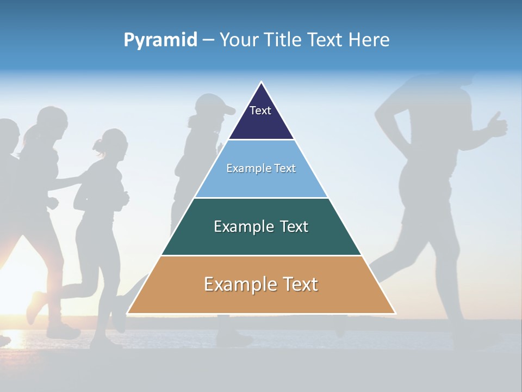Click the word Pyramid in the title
[x=160, y=40]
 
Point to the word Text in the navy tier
[x=260, y=111]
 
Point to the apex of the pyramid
[x=262, y=82]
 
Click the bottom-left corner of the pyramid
[x=128, y=313]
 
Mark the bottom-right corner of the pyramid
[x=395, y=313]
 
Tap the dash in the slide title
[x=208, y=40]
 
